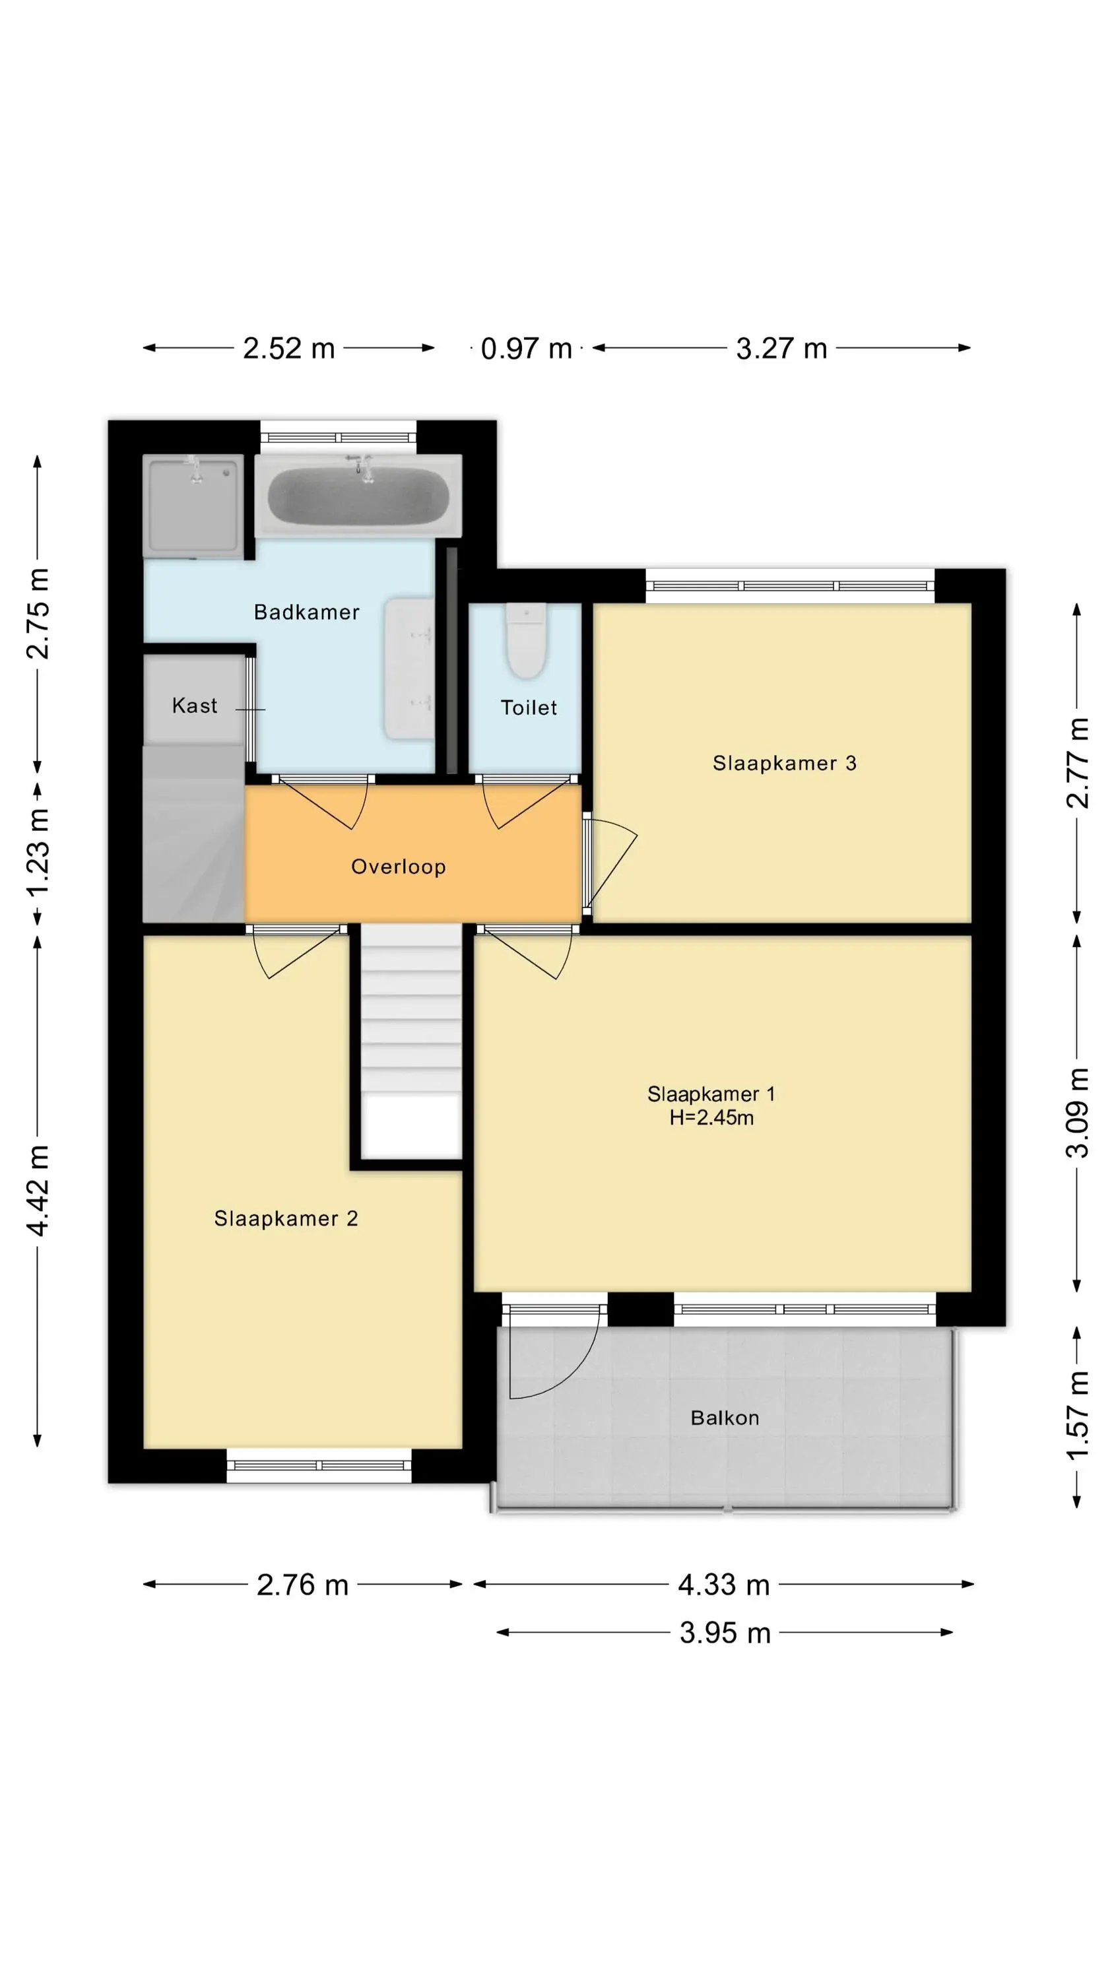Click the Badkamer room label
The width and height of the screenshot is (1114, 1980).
pos(306,612)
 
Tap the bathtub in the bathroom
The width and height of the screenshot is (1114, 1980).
pos(358,496)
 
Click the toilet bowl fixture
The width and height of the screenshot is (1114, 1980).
pos(526,640)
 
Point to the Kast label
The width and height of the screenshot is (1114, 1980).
pos(195,705)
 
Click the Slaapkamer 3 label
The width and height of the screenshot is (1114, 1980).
pos(784,762)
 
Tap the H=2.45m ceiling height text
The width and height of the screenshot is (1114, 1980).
pos(711,1117)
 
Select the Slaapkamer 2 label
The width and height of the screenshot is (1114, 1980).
pos(286,1218)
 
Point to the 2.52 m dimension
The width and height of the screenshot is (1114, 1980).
pos(289,348)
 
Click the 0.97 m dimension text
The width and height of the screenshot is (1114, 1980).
pos(527,349)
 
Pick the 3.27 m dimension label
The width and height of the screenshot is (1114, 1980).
pos(782,348)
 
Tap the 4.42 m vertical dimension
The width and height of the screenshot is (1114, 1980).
pos(38,1190)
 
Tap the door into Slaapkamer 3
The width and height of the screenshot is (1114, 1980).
pos(611,865)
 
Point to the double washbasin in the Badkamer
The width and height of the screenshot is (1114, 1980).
pos(409,669)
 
